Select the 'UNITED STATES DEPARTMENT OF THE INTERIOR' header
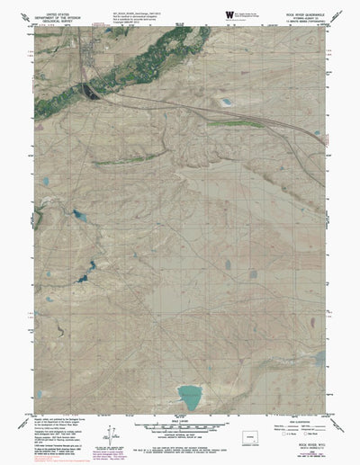[54, 15]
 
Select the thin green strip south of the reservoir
[121, 160]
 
